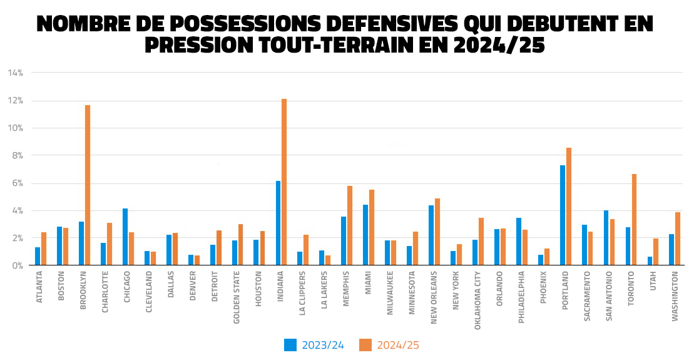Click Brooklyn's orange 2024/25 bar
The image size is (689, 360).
click(x=88, y=185)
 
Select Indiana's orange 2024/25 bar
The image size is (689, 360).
click(x=284, y=182)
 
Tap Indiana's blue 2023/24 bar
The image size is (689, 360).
click(x=278, y=223)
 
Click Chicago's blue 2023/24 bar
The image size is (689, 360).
click(x=125, y=237)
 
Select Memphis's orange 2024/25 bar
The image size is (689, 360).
click(x=350, y=225)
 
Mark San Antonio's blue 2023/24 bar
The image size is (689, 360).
click(x=606, y=238)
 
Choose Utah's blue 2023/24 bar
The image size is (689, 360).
click(x=650, y=261)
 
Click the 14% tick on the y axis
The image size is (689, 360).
click(x=15, y=73)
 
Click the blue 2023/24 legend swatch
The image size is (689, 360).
click(x=290, y=345)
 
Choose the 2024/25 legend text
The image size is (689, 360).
click(x=398, y=345)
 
